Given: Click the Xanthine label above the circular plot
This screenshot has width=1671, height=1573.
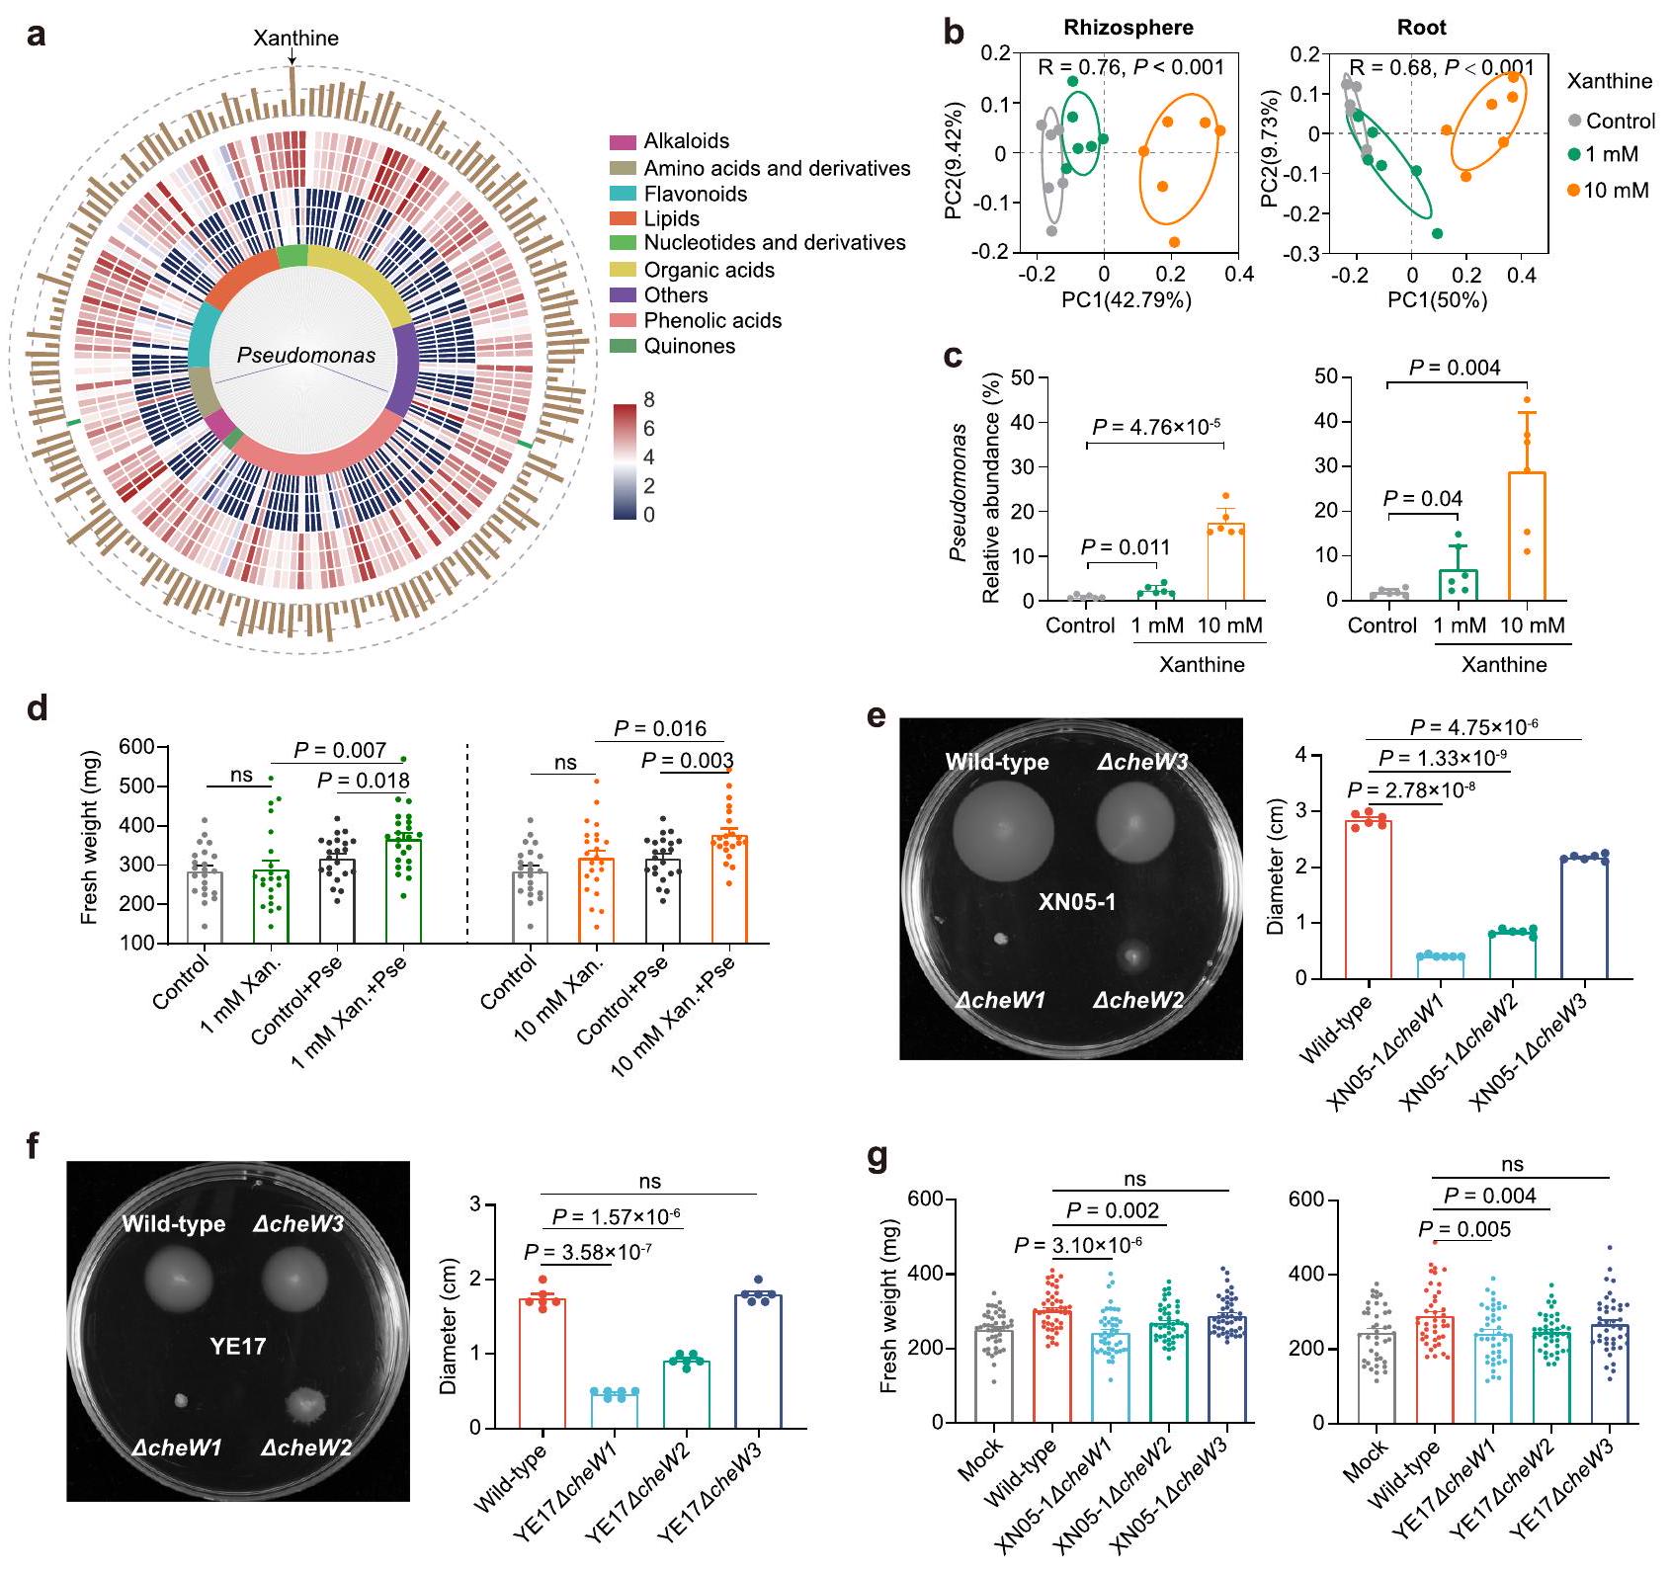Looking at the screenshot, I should [x=295, y=39].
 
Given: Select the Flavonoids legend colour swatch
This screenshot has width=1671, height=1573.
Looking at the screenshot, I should [x=624, y=195].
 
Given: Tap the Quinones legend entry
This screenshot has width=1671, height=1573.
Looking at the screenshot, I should [x=689, y=347].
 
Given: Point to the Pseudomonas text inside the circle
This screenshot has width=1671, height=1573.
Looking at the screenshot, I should [x=306, y=356].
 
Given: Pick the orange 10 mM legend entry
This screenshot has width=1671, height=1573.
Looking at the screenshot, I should [x=1608, y=190].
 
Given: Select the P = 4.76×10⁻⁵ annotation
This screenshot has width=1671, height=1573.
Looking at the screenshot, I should [x=1156, y=427].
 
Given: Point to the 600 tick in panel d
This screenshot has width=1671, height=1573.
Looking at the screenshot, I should [x=137, y=747].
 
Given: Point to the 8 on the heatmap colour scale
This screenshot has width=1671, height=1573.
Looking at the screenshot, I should [x=648, y=401].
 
